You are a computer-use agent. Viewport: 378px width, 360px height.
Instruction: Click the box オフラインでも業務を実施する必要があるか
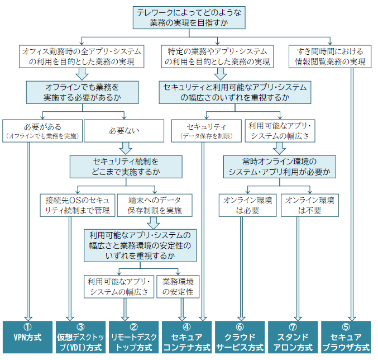82,92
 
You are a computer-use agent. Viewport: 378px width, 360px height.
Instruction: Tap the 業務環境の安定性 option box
178,286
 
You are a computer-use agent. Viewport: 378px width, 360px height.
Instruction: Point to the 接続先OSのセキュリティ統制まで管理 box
78,205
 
